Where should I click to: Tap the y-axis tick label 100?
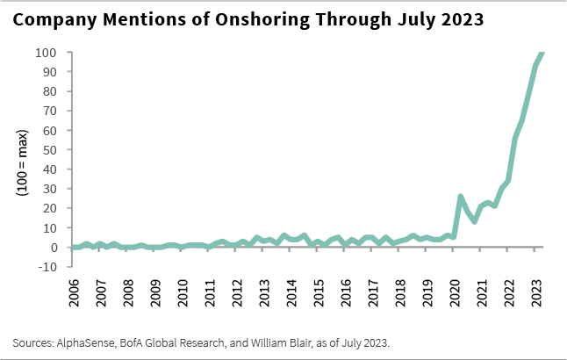pyautogui.click(x=48, y=53)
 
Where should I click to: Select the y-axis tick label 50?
pyautogui.click(x=52, y=150)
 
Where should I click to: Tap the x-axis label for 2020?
pyautogui.click(x=455, y=293)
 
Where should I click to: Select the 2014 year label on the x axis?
pyautogui.click(x=291, y=293)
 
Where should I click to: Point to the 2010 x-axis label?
pyautogui.click(x=183, y=293)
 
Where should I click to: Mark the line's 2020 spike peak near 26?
pyautogui.click(x=461, y=197)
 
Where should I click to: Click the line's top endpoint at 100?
pyautogui.click(x=542, y=53)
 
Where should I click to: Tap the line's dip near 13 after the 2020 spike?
pyautogui.click(x=475, y=221)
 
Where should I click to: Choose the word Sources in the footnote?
pyautogui.click(x=34, y=341)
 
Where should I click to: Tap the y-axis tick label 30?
pyautogui.click(x=52, y=189)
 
